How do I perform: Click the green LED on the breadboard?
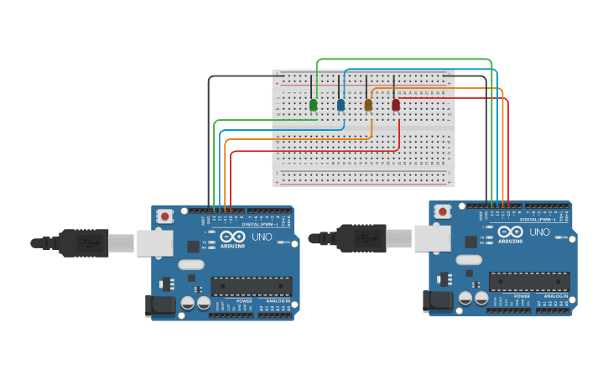[x=313, y=105]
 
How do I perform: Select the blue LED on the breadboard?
[x=340, y=105]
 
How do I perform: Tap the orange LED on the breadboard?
[x=368, y=105]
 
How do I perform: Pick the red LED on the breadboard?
[x=396, y=105]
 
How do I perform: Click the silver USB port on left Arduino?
[x=154, y=243]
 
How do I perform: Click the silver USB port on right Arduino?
[x=432, y=239]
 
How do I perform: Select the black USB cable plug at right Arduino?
[x=361, y=238]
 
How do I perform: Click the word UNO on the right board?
[x=539, y=232]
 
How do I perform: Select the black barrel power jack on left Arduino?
[x=160, y=306]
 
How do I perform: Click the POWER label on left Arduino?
[x=244, y=300]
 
